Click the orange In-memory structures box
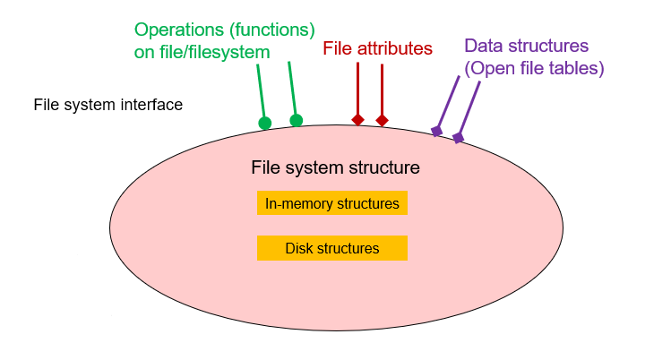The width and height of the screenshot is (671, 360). [x=332, y=203]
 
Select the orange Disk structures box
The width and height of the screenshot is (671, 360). [x=332, y=248]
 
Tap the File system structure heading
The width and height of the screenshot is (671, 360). [x=335, y=167]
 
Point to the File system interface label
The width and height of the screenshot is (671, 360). [x=108, y=105]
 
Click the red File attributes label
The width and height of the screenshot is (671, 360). [x=377, y=48]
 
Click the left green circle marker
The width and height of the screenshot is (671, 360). [x=264, y=124]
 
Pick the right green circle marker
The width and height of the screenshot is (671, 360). [x=297, y=120]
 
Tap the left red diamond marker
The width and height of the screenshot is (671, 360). [x=357, y=119]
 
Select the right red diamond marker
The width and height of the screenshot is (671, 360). [x=382, y=120]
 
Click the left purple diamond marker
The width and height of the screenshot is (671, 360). [x=436, y=132]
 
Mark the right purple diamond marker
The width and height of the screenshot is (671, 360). [x=458, y=138]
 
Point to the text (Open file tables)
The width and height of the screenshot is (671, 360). [x=534, y=67]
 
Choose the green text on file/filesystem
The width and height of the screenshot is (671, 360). [x=196, y=52]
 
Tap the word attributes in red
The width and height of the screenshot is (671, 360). [x=395, y=48]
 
